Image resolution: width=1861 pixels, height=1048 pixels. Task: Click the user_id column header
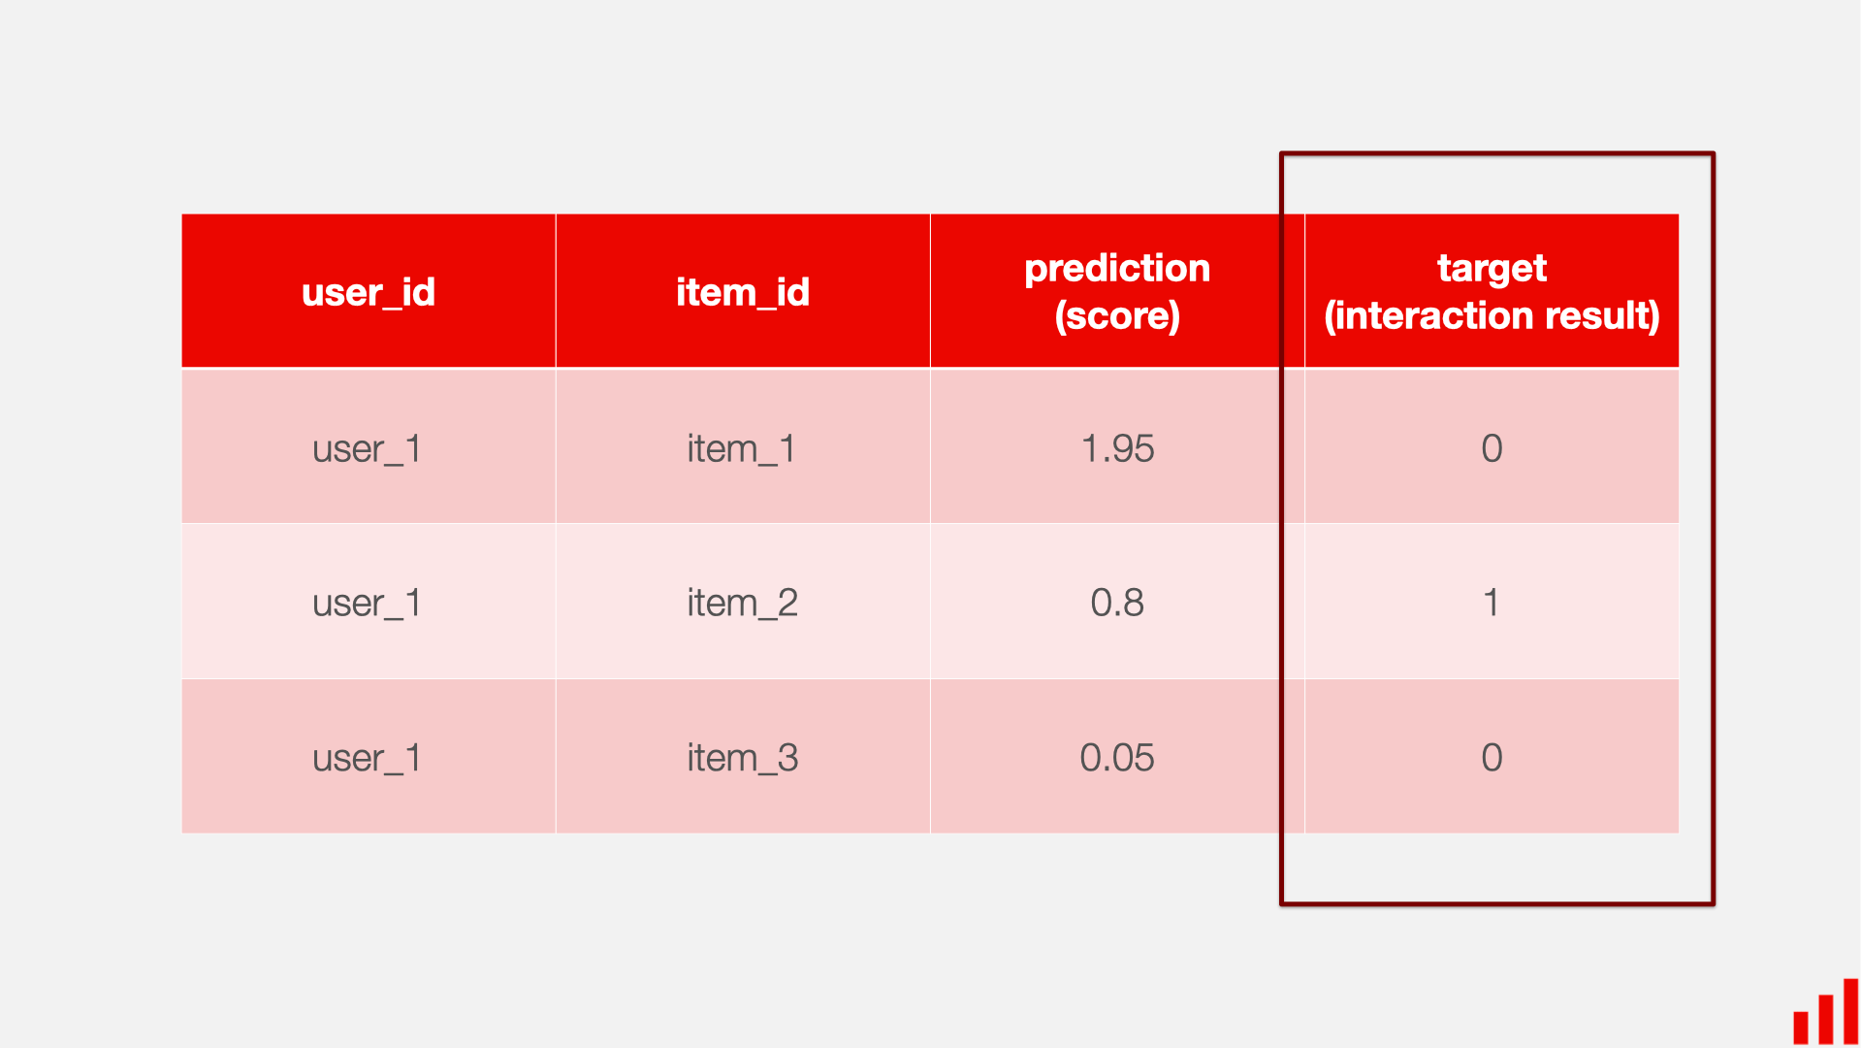[369, 292]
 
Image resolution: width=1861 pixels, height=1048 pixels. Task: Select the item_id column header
[743, 292]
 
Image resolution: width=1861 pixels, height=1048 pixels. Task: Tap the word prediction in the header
[1117, 268]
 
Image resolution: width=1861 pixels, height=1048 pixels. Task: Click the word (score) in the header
[1117, 316]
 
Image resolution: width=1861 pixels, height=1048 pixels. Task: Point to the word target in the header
[1492, 268]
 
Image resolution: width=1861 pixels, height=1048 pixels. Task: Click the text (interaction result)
[1492, 316]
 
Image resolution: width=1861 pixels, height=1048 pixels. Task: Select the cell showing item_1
[743, 448]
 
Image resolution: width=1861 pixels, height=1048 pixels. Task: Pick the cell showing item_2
[743, 603]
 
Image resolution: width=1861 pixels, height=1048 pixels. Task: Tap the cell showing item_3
[743, 757]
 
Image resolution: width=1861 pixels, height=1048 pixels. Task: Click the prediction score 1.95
[1117, 448]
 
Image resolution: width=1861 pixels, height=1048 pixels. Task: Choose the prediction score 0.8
[1117, 603]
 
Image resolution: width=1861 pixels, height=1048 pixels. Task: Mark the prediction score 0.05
[1117, 757]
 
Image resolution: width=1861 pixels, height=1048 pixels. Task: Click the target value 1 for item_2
[1492, 603]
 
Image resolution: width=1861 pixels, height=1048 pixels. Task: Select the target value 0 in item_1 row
[1492, 448]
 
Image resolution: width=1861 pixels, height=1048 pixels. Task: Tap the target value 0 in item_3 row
[1492, 757]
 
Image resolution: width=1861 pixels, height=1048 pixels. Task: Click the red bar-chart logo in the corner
[1825, 1014]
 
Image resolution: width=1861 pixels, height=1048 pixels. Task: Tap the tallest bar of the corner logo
[1850, 1011]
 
